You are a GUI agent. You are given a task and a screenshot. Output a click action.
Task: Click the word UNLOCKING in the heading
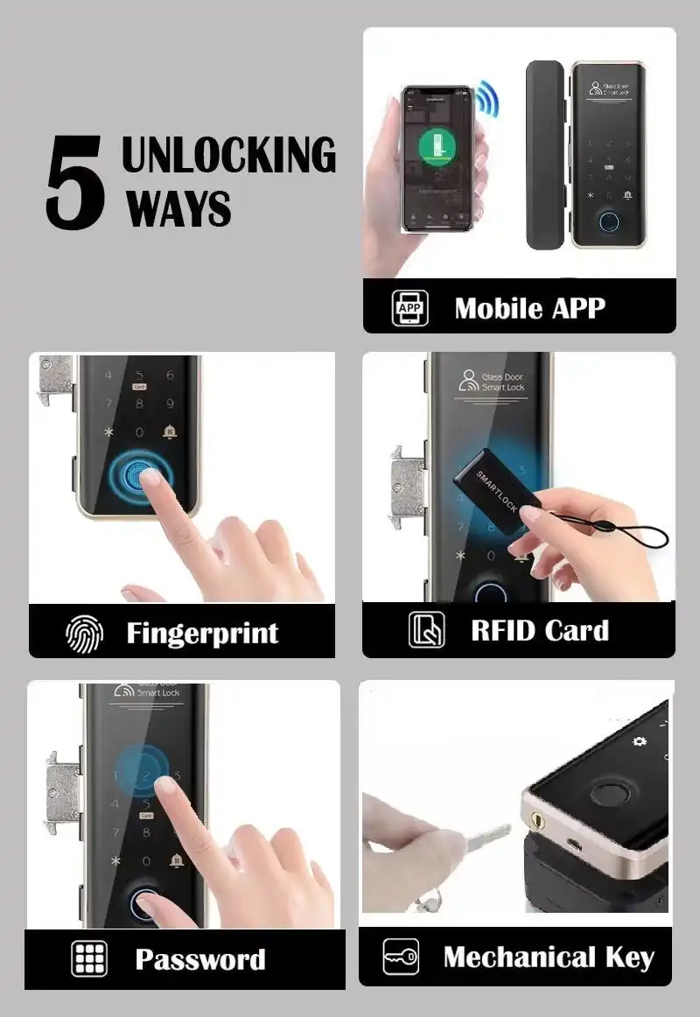coord(228,155)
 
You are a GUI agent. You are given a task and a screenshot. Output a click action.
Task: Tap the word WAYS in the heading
coord(178,208)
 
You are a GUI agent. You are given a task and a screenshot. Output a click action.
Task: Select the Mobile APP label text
coord(529,308)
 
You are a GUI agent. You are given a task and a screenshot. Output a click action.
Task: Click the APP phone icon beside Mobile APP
coord(409,308)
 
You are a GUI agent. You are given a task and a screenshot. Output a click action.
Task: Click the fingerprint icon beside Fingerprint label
coord(85,633)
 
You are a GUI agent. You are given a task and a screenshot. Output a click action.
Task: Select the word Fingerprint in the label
coord(202,633)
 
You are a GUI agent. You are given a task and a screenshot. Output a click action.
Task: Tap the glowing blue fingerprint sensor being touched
coord(140,476)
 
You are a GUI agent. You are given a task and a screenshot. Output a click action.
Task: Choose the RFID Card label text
coord(539,630)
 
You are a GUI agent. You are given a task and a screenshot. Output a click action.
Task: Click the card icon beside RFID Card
coord(426,630)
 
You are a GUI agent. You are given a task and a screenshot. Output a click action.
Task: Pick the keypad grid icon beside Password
coord(88,959)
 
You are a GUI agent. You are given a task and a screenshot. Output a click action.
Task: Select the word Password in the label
coord(199,959)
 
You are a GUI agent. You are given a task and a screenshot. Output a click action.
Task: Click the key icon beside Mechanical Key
coord(401,957)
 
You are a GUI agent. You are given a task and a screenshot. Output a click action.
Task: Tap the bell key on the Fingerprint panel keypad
coord(169,432)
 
